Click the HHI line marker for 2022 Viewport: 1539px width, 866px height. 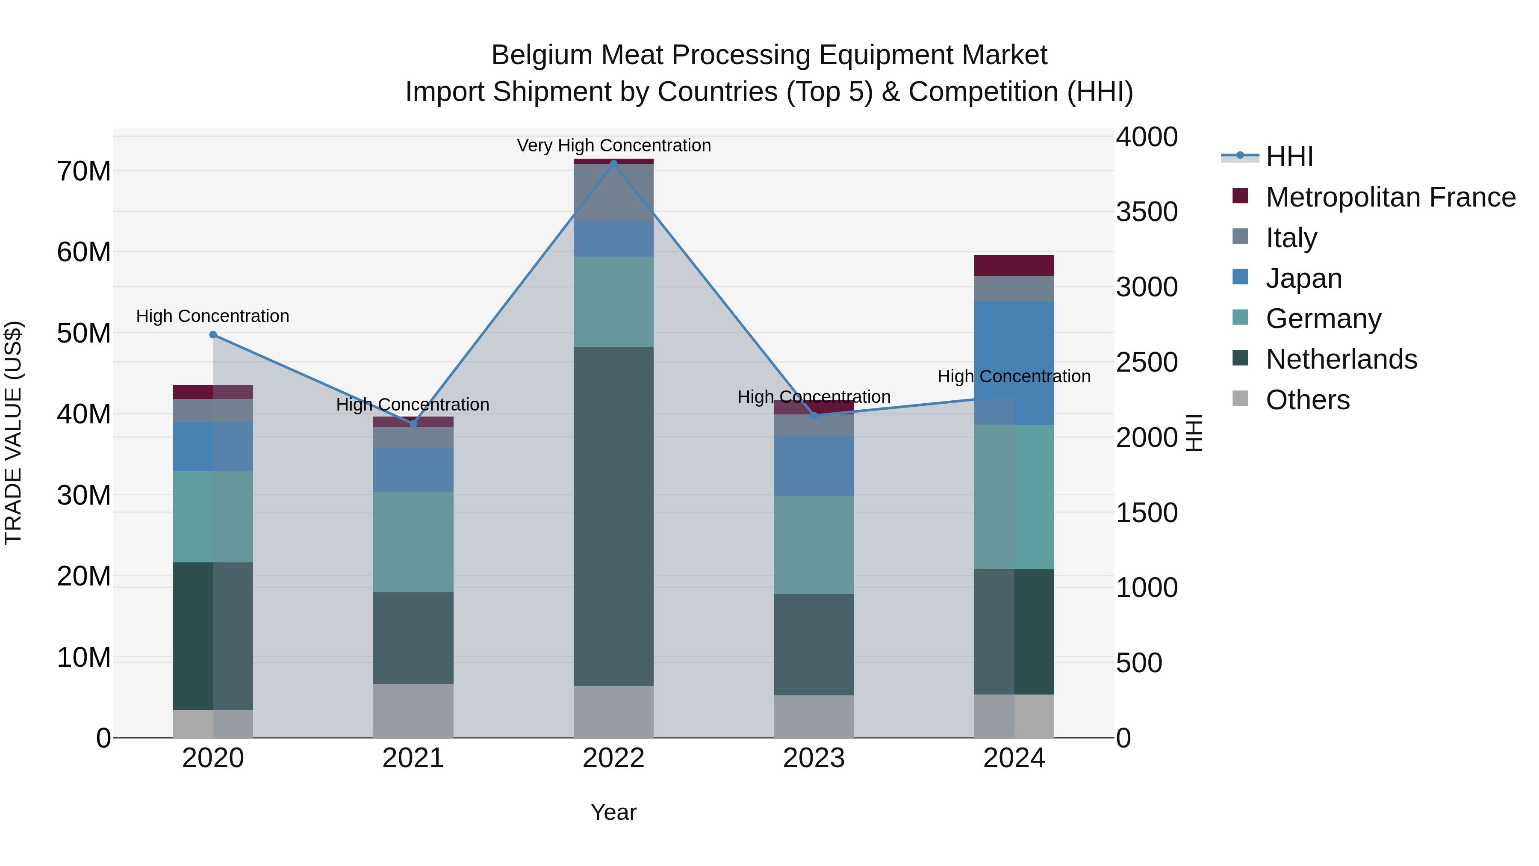point(613,163)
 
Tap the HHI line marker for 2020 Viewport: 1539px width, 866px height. point(213,335)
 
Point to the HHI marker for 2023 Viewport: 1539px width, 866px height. point(814,415)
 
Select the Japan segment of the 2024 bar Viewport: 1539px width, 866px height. point(1014,347)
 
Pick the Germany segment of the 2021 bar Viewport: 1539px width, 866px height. point(413,542)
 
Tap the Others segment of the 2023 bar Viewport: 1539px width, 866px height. point(814,716)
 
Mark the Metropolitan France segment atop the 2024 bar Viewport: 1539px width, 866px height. point(1014,265)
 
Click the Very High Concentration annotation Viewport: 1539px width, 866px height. point(613,146)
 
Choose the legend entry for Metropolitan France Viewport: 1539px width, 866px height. point(1390,197)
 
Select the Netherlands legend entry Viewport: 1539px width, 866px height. point(1341,359)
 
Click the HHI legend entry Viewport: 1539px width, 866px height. point(1289,157)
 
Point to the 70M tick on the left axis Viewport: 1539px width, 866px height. point(84,171)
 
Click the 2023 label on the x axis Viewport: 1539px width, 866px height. point(814,758)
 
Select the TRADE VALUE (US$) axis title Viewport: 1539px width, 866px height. point(13,433)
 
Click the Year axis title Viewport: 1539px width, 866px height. point(613,812)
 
